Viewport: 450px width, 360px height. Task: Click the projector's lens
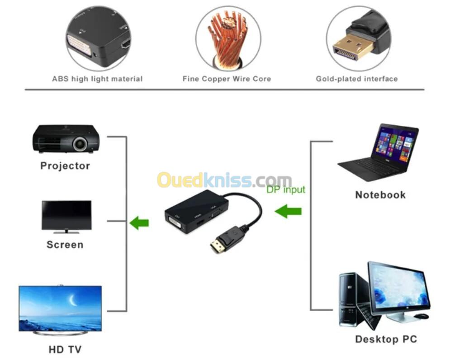coord(80,144)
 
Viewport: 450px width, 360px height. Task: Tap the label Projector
coord(65,166)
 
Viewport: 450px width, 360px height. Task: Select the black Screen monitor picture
coord(66,215)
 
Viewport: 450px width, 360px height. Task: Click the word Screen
coord(65,245)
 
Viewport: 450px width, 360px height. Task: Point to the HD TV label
coord(65,349)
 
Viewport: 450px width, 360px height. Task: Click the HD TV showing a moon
coord(60,308)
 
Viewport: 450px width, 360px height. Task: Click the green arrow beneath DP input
coord(288,211)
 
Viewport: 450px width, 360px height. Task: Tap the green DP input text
coord(286,189)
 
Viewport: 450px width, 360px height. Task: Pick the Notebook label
coord(380,195)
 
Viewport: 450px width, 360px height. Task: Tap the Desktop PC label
coord(386,339)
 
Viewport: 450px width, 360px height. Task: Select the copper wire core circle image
coord(228,38)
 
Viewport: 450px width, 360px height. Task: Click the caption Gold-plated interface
coord(357,79)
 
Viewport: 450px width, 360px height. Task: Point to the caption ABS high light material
coord(97,79)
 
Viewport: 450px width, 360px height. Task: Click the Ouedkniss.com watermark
coord(224,180)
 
